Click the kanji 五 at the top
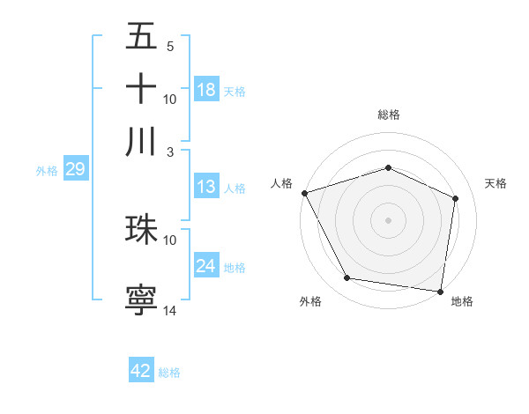point(141,38)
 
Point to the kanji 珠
point(141,229)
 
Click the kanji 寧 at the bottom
point(141,299)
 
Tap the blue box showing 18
point(206,90)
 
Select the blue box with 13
point(206,187)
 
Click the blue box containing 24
point(206,266)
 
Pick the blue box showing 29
point(75,169)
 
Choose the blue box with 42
point(141,371)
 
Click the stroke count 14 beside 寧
point(170,311)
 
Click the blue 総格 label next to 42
point(169,373)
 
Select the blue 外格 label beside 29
point(46,171)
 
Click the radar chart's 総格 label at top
point(388,115)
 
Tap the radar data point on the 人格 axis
point(304,193)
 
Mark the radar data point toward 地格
point(441,291)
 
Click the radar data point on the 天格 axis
point(456,198)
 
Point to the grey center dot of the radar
point(388,219)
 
